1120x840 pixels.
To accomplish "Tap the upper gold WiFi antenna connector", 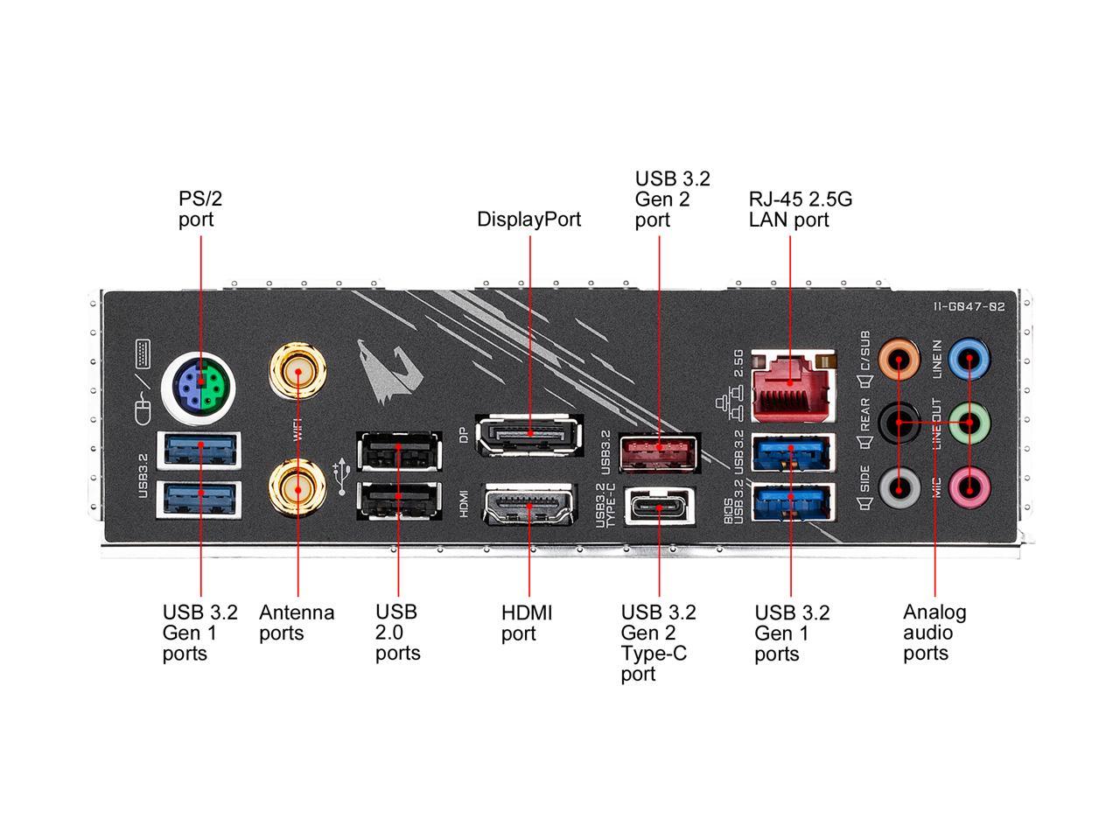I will click(298, 371).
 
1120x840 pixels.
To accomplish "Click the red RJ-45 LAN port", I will click(790, 384).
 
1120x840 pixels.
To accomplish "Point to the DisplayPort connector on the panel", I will click(528, 434).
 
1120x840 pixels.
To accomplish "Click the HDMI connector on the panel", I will click(528, 507).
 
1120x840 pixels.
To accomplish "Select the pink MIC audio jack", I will click(969, 485).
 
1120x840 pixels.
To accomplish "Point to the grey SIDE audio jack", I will click(899, 485).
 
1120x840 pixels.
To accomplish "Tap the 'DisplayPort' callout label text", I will click(528, 219).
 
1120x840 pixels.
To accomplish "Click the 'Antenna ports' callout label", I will click(297, 622).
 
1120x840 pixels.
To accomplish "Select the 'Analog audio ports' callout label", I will click(934, 632).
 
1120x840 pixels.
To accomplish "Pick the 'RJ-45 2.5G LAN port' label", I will click(800, 209).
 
